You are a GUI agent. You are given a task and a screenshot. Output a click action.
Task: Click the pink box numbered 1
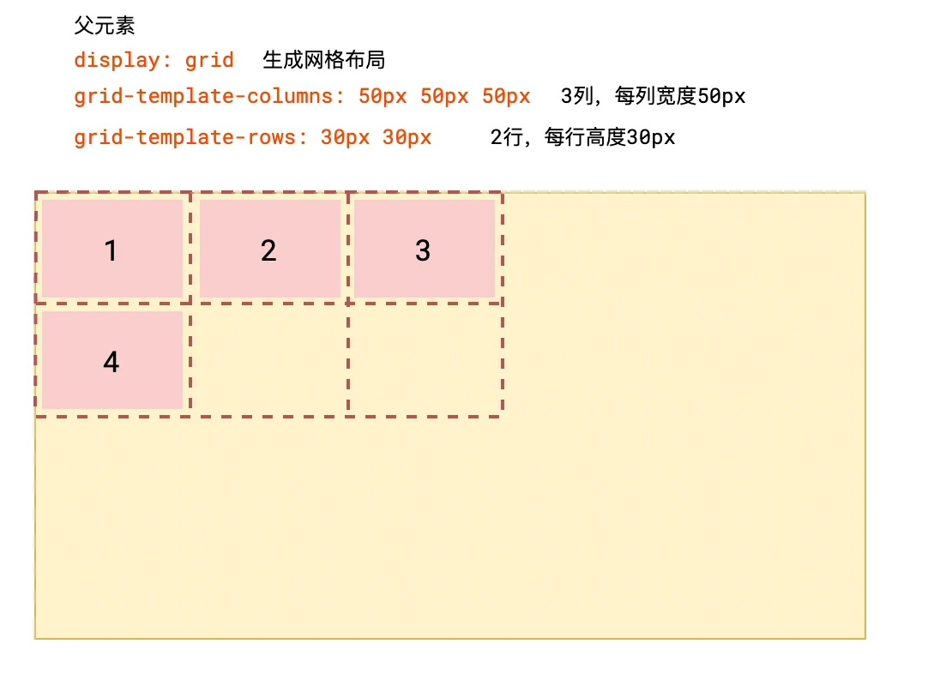tap(111, 249)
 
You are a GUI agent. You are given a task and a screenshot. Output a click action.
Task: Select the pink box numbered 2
tap(269, 249)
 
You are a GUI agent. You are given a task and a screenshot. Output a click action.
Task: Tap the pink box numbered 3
tap(424, 249)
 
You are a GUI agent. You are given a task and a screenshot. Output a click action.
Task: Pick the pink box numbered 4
tap(111, 360)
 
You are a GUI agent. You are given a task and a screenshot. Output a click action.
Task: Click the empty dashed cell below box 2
tap(269, 361)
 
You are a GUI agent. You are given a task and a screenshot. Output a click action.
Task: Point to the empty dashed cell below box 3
tap(425, 361)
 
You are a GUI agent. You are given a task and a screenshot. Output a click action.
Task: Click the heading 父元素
tap(105, 27)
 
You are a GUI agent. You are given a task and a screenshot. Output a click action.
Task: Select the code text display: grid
tap(154, 60)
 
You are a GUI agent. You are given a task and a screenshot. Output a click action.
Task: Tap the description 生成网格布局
tap(324, 60)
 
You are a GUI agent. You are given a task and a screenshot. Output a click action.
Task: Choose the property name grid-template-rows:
tap(190, 137)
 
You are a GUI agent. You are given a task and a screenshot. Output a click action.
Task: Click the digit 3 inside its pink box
tap(423, 250)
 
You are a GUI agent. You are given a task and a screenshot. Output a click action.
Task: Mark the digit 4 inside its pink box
tap(111, 363)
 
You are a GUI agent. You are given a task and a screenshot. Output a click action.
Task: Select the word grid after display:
tap(209, 60)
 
